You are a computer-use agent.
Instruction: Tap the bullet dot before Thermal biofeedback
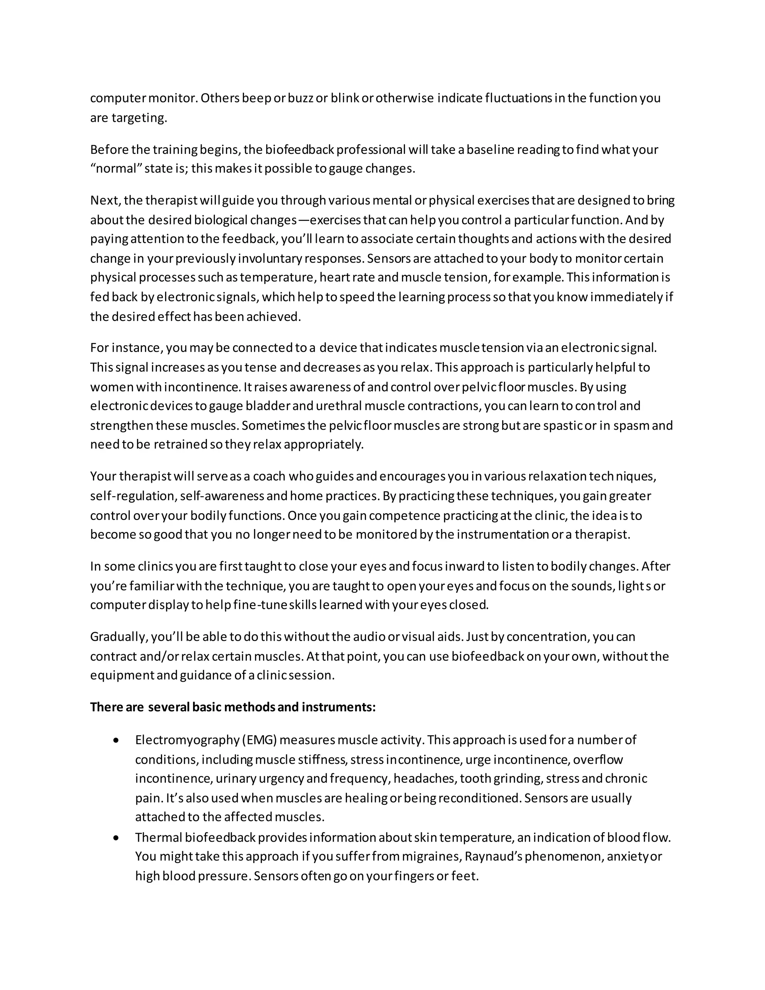117,837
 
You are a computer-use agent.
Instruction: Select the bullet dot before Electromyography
117,740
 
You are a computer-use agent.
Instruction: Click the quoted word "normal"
117,168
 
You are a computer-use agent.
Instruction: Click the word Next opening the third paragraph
105,200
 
